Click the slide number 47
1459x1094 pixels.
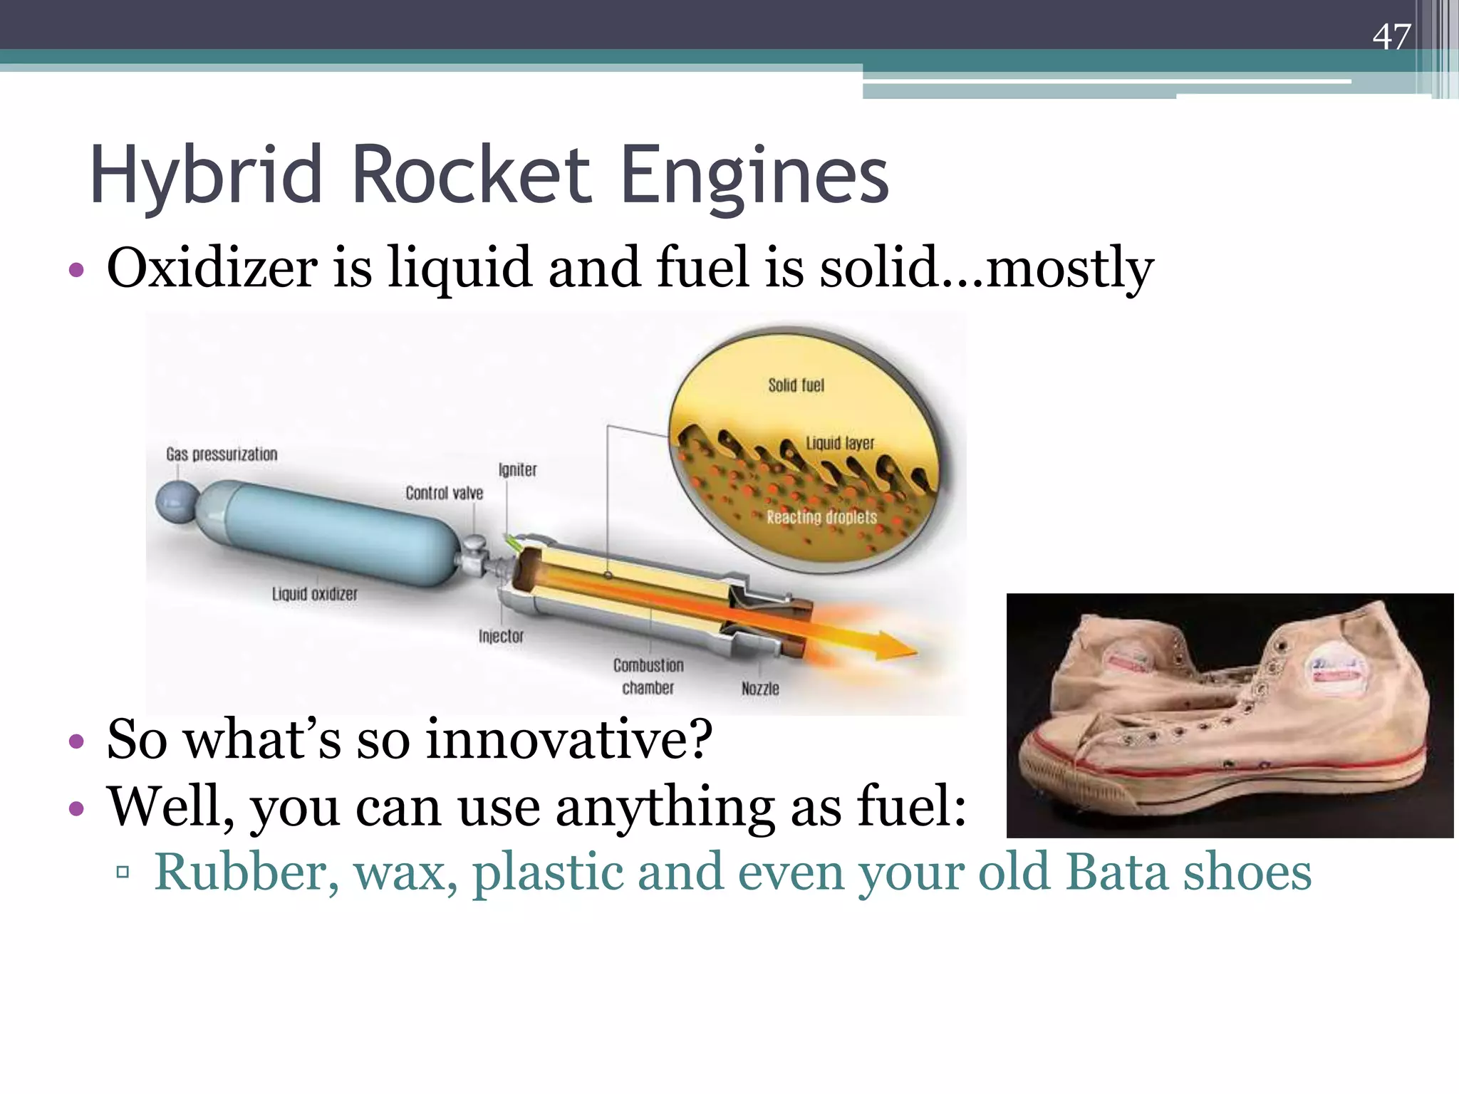[x=1391, y=37]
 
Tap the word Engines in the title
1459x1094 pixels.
[x=754, y=176]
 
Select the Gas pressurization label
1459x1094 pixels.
[x=222, y=454]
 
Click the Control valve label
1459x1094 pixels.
[x=444, y=493]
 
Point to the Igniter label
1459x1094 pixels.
[x=517, y=470]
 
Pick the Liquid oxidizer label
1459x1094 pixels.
[x=314, y=594]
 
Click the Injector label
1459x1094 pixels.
[x=501, y=636]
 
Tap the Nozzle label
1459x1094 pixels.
[x=760, y=689]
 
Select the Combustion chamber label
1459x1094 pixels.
[x=648, y=676]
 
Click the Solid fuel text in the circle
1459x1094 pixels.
[x=796, y=385]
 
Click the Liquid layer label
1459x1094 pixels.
[x=840, y=443]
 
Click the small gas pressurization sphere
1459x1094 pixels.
[x=176, y=501]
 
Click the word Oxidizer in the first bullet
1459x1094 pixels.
[x=212, y=269]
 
